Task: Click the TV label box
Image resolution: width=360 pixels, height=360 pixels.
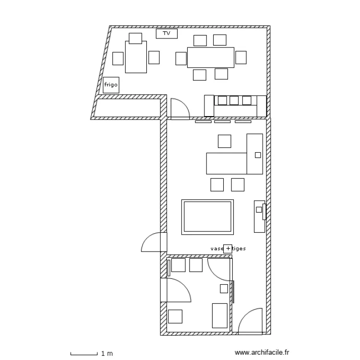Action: pos(167,34)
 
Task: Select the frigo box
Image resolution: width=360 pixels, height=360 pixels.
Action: pos(111,85)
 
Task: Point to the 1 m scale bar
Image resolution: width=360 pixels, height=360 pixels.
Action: pos(84,354)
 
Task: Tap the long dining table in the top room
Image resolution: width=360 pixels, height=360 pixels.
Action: pos(211,57)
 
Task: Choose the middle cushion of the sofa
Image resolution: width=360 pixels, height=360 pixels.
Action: pos(234,100)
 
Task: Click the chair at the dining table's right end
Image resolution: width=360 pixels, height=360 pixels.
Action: pos(241,58)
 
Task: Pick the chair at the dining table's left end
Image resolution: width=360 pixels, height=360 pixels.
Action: pos(180,58)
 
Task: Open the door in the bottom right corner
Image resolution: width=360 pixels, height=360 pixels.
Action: pos(251,321)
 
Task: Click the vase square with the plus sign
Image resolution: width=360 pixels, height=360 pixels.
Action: pos(228,249)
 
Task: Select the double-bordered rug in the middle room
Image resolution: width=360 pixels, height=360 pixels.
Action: pos(208,217)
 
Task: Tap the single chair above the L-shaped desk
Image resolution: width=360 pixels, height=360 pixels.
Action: pos(224,141)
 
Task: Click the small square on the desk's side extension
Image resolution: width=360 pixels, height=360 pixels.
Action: pos(258,155)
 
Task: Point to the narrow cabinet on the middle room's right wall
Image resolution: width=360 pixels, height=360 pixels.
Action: pos(259,216)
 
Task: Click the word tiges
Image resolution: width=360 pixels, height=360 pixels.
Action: pos(239,249)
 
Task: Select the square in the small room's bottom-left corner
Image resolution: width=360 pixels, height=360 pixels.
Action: pos(175,316)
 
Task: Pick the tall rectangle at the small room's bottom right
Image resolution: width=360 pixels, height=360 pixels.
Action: pos(220,315)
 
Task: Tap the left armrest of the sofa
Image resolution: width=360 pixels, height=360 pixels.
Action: pos(209,105)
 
